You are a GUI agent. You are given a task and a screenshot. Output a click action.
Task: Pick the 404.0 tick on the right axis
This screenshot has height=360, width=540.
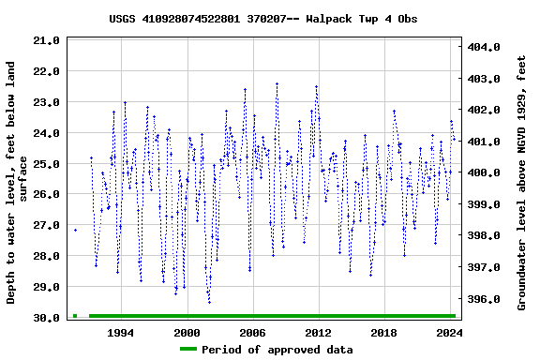(485, 47)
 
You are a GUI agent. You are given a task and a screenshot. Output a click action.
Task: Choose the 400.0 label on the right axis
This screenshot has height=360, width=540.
(485, 173)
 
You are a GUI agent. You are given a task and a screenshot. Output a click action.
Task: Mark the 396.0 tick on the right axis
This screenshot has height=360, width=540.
(485, 300)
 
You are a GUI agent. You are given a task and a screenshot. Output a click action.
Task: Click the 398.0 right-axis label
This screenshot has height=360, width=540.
(485, 236)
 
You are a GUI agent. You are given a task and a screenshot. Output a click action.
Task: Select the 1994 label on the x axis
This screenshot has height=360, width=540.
(121, 333)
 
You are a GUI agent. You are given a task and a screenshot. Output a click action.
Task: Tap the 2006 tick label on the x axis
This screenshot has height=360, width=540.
(253, 333)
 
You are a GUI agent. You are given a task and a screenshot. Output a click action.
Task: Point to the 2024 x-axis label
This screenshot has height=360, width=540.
(450, 333)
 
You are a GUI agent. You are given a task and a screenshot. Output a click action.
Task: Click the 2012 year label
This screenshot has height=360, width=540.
(319, 333)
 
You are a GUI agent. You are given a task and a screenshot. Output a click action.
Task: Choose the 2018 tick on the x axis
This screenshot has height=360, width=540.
(384, 333)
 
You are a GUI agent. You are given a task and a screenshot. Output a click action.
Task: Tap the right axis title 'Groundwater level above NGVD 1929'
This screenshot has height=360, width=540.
(521, 183)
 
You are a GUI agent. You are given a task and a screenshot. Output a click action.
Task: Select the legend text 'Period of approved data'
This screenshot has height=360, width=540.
(277, 350)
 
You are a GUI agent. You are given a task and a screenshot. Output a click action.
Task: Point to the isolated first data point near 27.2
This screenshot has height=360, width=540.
(75, 230)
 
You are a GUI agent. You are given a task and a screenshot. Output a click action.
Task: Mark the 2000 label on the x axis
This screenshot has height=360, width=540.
(187, 333)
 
